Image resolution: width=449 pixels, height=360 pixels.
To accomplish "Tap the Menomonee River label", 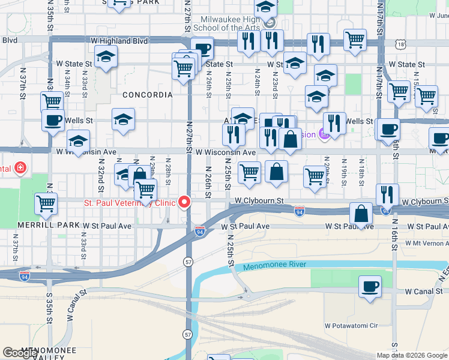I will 274,265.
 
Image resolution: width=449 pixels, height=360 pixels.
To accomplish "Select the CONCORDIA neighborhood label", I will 148,95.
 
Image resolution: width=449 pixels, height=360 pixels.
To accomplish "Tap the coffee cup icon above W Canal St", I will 370,287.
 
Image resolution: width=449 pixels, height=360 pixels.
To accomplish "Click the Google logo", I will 20,353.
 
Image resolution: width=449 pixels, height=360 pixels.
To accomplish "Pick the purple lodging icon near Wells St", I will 323,134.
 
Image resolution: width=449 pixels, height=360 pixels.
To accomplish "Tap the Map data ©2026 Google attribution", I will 412,355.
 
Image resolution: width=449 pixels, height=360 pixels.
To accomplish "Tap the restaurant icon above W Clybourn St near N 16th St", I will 387,194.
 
